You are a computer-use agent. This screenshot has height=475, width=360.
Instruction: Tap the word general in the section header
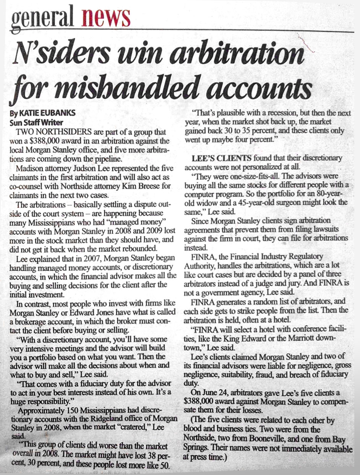pyautogui.click(x=42, y=17)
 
